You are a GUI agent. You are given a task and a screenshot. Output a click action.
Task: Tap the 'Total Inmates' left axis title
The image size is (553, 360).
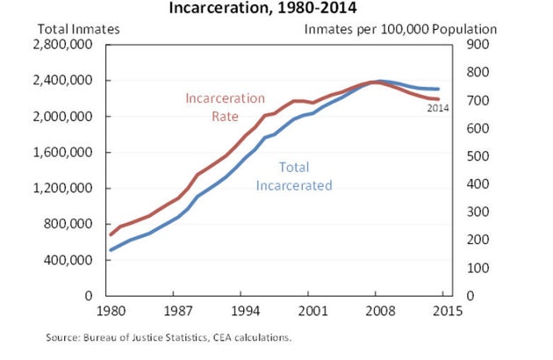pos(78,28)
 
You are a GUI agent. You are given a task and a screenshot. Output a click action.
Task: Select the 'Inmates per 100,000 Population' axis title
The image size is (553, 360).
pos(400,28)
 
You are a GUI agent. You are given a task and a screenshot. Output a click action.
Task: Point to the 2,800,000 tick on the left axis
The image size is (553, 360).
pos(69,45)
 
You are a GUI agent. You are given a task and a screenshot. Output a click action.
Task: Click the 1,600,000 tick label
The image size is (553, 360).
pos(69,153)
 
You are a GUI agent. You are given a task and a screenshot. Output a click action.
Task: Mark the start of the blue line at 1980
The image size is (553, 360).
pos(111,250)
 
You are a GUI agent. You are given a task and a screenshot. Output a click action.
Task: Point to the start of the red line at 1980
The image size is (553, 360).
pos(111,234)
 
